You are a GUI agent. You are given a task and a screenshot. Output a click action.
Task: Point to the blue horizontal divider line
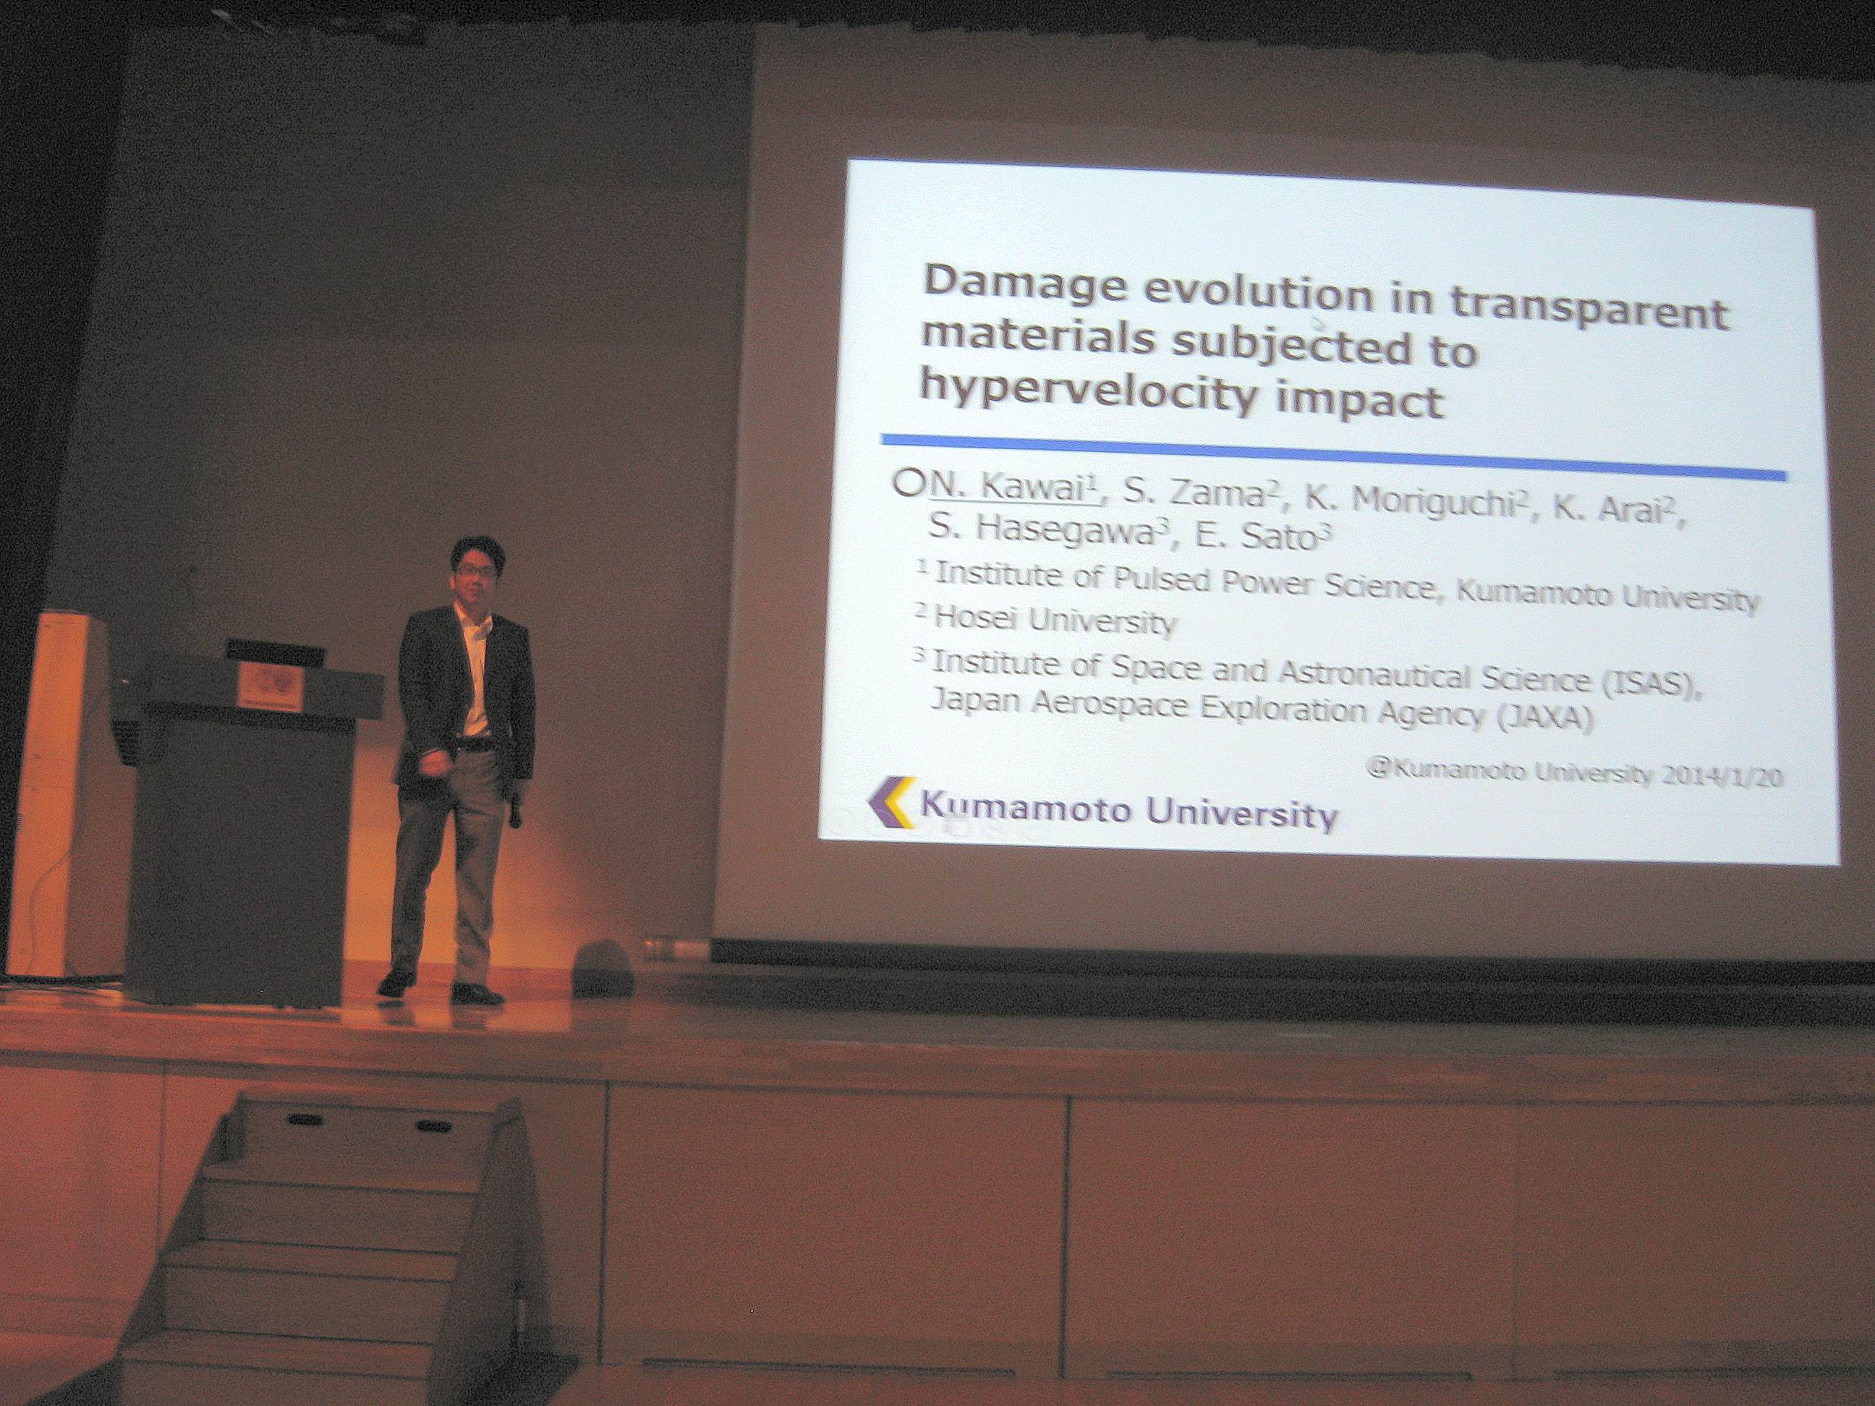[1334, 458]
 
